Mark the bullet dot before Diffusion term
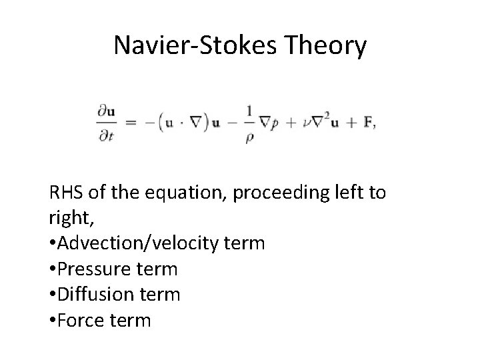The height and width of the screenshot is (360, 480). point(53,295)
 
